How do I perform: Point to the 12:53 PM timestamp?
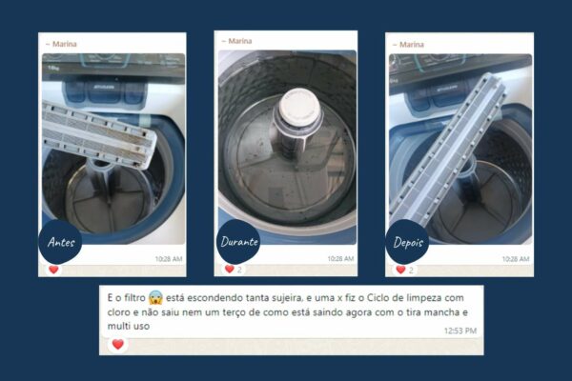[460, 331]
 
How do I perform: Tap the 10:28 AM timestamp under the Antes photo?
[169, 259]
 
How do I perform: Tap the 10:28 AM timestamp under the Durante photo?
[340, 259]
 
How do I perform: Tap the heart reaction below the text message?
[117, 344]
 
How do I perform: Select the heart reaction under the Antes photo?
[53, 270]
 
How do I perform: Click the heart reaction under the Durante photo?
[229, 270]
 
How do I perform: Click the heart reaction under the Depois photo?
[401, 270]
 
